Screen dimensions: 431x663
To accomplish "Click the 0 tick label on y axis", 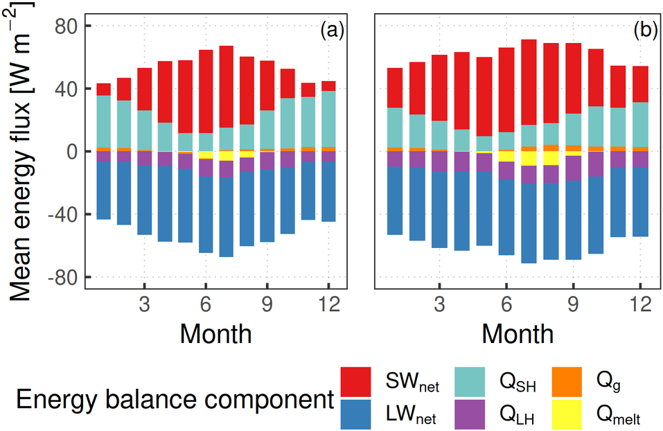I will [x=69, y=152].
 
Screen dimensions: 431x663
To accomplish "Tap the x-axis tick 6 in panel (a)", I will [x=206, y=305].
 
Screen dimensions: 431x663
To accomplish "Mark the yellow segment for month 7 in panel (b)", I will [x=529, y=158].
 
